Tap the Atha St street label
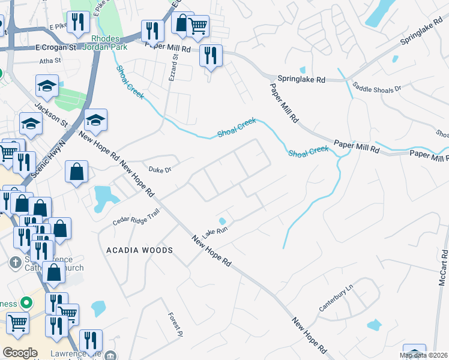coord(50,61)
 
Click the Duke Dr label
coord(160,170)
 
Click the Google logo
coord(20,352)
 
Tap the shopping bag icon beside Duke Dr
coord(77,172)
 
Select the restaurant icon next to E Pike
coord(78,23)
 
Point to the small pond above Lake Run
coord(222,221)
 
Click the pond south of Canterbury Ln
coord(373,325)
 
